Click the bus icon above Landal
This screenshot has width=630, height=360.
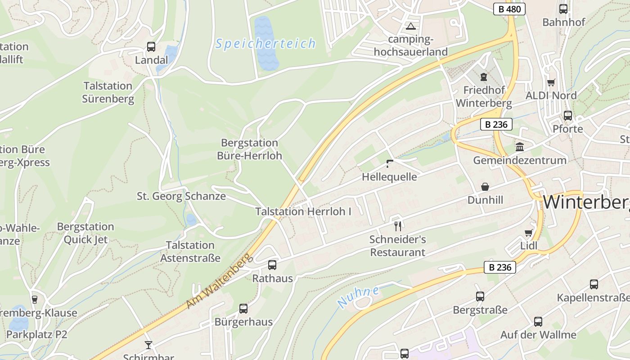(151, 46)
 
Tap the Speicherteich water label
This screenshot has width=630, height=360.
(265, 44)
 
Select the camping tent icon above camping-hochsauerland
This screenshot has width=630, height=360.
(410, 26)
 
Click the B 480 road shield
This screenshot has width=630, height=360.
(509, 9)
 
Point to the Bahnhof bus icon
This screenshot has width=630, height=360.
(563, 9)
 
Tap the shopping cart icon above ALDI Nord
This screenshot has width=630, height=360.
(551, 82)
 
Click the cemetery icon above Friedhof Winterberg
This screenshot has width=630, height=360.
(484, 77)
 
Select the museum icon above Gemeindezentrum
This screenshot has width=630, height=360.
(520, 147)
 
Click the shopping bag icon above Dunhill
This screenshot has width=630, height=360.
(485, 186)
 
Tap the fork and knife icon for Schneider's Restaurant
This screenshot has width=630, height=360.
(397, 225)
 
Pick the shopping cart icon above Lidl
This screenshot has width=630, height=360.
(528, 233)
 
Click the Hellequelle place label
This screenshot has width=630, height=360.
(389, 177)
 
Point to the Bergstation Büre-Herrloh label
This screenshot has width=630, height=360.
(249, 149)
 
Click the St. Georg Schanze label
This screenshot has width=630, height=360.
(181, 196)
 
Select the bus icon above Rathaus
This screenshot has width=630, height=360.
(272, 265)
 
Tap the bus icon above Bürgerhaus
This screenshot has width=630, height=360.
(243, 309)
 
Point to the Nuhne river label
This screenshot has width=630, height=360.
(359, 297)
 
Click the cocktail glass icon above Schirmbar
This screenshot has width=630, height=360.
(148, 345)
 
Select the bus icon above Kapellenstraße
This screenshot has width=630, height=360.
(594, 284)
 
